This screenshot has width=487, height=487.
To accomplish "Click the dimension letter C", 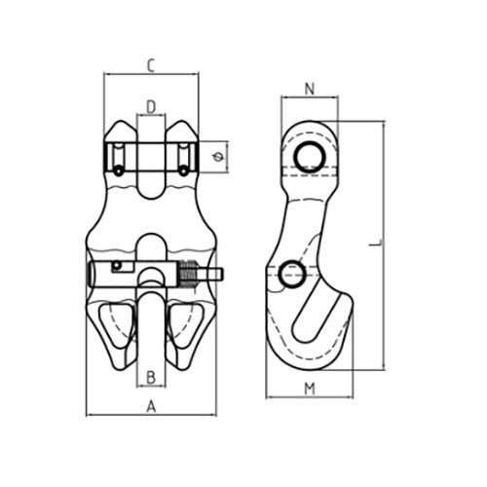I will [x=151, y=66].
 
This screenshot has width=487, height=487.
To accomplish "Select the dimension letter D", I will [x=151, y=105].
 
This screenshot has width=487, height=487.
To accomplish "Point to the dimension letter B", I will [x=151, y=376].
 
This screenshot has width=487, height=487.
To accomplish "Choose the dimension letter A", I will [x=151, y=408].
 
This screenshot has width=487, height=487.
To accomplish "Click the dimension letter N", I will [x=309, y=90].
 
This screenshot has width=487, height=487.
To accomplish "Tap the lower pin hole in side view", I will [x=289, y=277].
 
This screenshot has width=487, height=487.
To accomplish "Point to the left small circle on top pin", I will [x=118, y=171].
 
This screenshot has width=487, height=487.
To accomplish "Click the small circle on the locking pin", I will [x=117, y=266].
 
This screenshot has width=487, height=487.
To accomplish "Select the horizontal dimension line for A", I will [x=151, y=417].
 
